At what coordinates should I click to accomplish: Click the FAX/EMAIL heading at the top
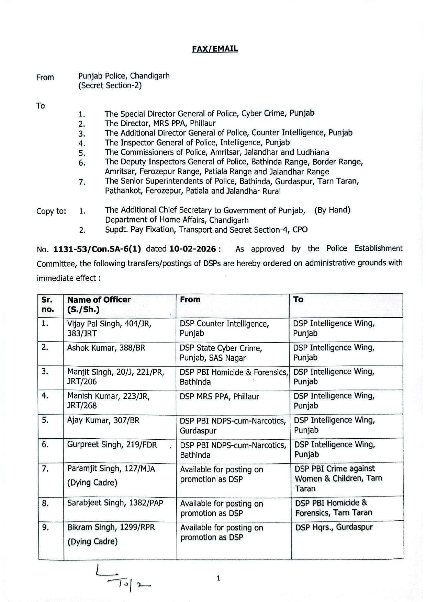tap(215, 49)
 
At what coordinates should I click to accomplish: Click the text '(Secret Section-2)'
tap(110, 85)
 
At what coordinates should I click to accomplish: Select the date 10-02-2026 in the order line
tap(193, 249)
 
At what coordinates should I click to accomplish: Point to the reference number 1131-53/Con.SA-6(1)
tap(97, 249)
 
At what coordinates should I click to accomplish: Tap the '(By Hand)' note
tap(332, 210)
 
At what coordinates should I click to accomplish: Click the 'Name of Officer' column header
tap(99, 300)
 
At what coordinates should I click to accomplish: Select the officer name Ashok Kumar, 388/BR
tap(106, 348)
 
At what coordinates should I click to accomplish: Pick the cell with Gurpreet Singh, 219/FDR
tap(112, 444)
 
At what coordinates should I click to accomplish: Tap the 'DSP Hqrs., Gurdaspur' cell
tap(334, 527)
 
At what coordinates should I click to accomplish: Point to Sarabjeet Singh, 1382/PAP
tap(115, 503)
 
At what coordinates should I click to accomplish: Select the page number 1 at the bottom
tap(218, 578)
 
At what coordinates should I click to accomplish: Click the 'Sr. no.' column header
tap(48, 304)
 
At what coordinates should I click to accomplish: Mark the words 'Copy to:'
tap(51, 211)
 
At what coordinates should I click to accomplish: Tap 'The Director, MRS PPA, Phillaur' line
tap(160, 123)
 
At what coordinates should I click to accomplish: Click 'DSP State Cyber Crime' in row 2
tap(221, 348)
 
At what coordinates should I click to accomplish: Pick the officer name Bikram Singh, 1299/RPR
tap(111, 527)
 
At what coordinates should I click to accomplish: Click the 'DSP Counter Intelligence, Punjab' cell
tap(224, 328)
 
